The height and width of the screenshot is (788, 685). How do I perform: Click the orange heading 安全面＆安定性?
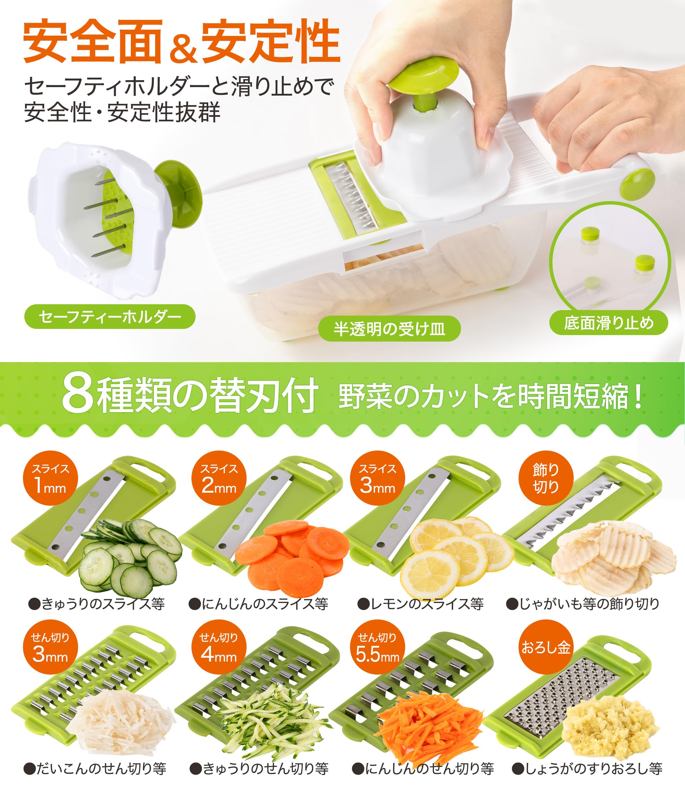(182, 41)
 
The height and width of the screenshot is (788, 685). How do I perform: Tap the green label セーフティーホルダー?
(110, 317)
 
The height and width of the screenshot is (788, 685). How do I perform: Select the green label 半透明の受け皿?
(389, 329)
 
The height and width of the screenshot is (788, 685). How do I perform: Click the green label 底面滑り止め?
(609, 323)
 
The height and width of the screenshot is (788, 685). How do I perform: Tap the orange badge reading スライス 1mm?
(50, 478)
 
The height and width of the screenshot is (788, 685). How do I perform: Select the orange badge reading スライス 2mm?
(219, 478)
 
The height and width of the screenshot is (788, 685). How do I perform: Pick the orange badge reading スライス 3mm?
(377, 478)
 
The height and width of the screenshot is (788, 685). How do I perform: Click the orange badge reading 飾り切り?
(546, 478)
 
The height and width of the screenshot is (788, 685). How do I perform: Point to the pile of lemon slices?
(455, 554)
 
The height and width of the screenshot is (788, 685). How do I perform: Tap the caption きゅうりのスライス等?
(97, 604)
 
